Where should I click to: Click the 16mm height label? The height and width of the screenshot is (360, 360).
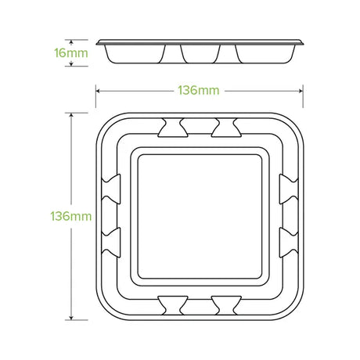[x=71, y=53]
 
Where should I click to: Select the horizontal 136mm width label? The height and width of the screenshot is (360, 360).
[x=199, y=91]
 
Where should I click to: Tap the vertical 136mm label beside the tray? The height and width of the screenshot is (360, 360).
[x=71, y=216]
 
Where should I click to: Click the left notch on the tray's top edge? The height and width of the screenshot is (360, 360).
[x=173, y=128]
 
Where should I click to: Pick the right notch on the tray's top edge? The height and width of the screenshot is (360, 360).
[x=226, y=128]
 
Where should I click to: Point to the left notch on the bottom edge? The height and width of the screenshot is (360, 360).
[x=173, y=305]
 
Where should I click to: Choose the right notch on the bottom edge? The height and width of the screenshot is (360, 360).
[x=226, y=305]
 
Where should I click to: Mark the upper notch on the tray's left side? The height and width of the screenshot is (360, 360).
[x=111, y=189]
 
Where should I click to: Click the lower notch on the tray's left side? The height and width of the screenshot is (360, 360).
[x=111, y=243]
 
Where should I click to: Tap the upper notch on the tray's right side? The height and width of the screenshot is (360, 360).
[x=289, y=189]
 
